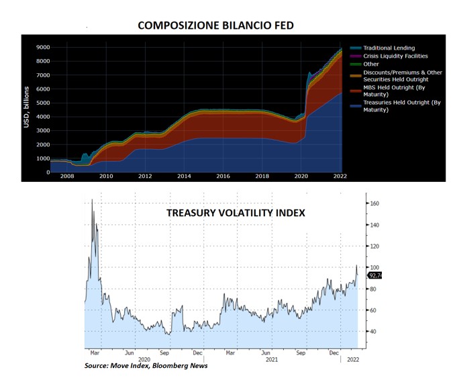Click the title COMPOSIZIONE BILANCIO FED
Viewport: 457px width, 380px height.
215,26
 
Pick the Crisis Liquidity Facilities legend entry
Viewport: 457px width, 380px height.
395,56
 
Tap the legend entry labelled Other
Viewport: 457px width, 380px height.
370,64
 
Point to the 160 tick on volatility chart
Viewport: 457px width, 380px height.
374,203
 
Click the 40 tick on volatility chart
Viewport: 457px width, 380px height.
373,332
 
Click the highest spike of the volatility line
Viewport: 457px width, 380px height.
92,200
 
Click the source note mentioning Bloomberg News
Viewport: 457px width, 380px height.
146,366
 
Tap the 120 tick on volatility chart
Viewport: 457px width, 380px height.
374,246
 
